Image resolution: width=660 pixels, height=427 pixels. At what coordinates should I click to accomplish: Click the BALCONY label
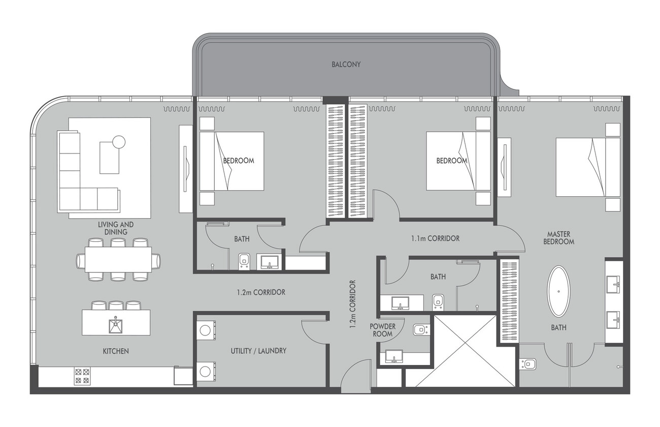point(346,65)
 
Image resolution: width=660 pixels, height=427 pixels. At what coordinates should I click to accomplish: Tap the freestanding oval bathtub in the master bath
point(558,291)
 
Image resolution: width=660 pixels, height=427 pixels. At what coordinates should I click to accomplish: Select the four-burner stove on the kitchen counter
point(82,376)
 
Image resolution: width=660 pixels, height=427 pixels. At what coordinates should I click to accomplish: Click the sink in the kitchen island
point(116,325)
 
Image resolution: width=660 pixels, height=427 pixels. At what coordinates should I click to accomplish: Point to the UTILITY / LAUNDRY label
point(258,351)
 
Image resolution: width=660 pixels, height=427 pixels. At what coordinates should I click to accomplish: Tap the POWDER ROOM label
point(382,330)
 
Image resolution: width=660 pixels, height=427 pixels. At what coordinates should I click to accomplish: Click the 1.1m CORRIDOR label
point(435,238)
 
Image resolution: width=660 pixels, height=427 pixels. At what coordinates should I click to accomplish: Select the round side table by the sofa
point(119,142)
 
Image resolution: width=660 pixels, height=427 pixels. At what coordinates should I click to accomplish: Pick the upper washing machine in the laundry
point(206,329)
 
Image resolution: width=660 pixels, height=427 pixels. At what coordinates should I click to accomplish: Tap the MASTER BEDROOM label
point(558,238)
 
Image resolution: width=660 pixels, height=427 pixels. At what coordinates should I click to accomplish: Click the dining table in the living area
point(118,259)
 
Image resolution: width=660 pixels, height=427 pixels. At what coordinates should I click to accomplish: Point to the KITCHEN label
point(116,351)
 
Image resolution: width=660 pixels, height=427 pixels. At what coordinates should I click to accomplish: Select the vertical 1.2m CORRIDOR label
point(353,304)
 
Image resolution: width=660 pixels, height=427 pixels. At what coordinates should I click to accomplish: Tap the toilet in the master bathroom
point(527,364)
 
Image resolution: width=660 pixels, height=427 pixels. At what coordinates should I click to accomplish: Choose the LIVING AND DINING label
point(116,228)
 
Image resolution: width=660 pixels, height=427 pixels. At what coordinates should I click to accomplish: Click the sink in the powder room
point(394,356)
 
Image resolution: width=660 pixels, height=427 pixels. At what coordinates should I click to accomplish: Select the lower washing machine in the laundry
point(206,371)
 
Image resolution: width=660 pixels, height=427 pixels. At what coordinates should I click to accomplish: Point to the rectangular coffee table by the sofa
point(109,158)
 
